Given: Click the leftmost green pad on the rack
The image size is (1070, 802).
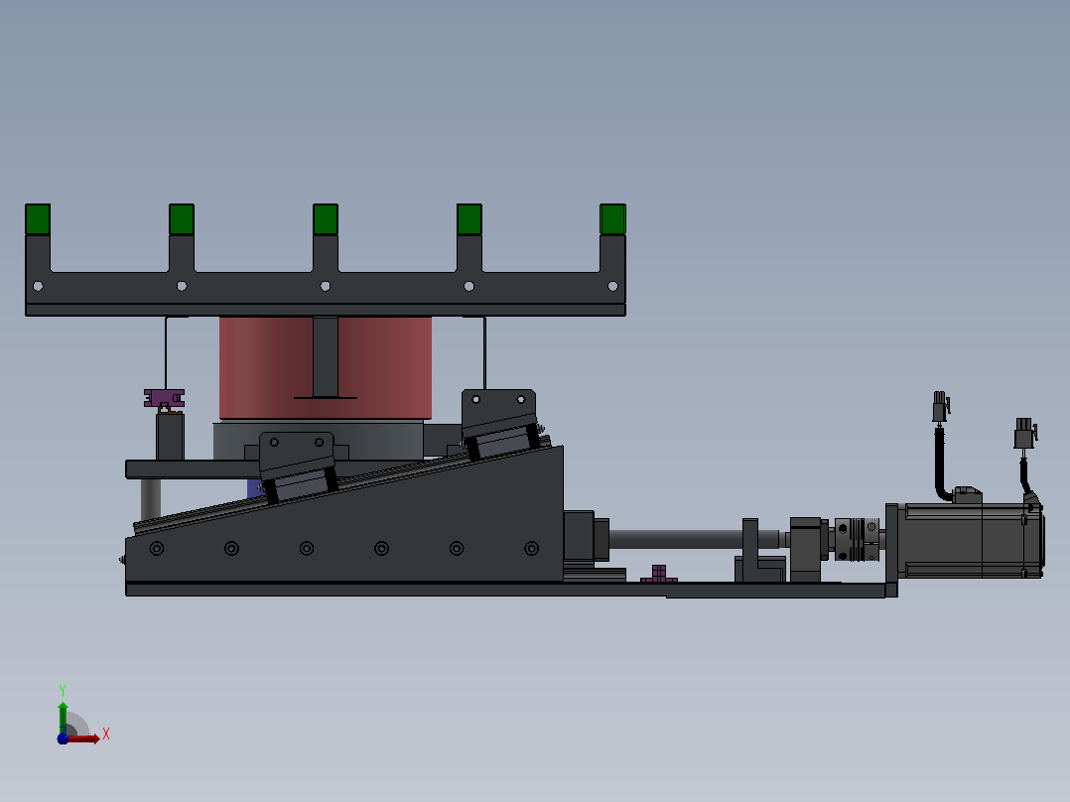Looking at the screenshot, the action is pos(38,219).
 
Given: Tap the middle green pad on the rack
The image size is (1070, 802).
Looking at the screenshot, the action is pos(326,219).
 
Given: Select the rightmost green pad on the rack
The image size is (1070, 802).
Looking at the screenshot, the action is pos(612,219).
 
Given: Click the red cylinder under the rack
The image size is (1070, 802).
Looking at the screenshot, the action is pos(325,367).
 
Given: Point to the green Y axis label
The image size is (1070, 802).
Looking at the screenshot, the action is pos(63,690).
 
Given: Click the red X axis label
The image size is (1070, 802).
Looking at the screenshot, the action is pos(106,735).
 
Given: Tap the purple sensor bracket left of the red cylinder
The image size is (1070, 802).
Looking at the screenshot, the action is pos(164,399).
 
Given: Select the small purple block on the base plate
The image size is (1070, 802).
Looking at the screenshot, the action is pos(658,574).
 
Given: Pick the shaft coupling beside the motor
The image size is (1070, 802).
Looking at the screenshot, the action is pos(858,540).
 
